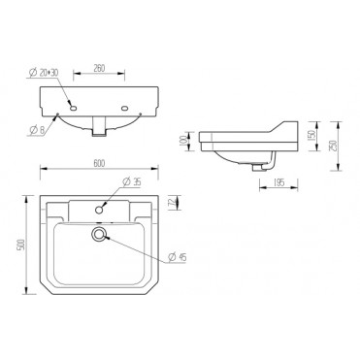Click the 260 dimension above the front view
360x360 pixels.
tap(100, 68)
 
